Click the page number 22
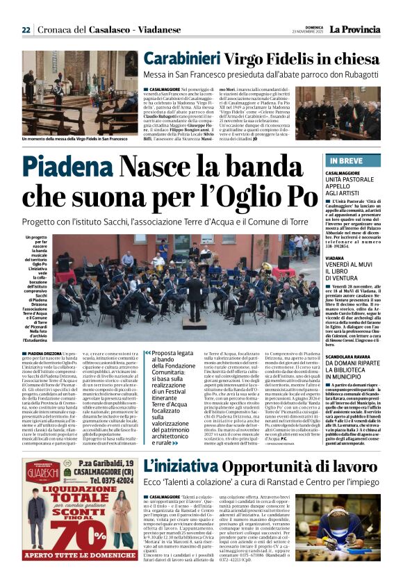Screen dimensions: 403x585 [26, 30]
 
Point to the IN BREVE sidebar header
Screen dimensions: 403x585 [342, 160]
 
